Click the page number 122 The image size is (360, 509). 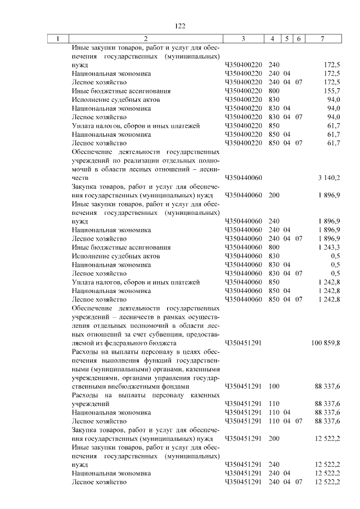coord(180,26)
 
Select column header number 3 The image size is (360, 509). coord(243,39)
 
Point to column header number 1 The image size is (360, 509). coord(57,39)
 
